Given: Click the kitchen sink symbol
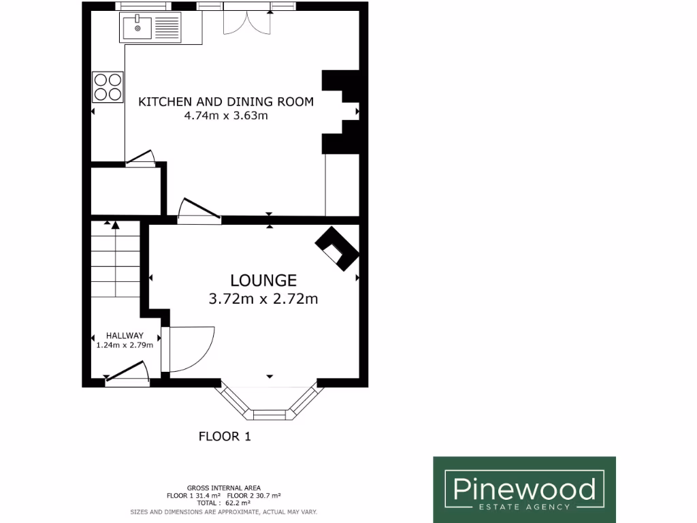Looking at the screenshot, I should (x=151, y=28).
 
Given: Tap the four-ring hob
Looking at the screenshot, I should (x=108, y=86).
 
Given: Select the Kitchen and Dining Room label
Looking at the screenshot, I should (x=226, y=102).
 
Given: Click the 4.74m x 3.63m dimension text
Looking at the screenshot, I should (x=226, y=116).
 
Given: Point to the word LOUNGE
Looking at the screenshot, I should (x=263, y=280).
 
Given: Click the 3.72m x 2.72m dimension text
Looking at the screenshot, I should (x=263, y=298).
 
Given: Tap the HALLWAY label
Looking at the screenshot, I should (x=125, y=336).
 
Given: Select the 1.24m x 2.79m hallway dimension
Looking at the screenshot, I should (x=125, y=345).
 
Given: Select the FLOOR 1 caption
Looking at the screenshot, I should (x=225, y=437).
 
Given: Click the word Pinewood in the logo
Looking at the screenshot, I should (x=524, y=489).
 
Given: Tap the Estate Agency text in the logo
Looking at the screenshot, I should (x=524, y=507).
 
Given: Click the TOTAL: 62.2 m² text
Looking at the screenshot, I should (x=224, y=503).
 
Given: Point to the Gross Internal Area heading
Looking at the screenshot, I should (x=224, y=488).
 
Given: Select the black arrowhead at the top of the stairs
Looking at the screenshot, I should (x=115, y=225).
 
